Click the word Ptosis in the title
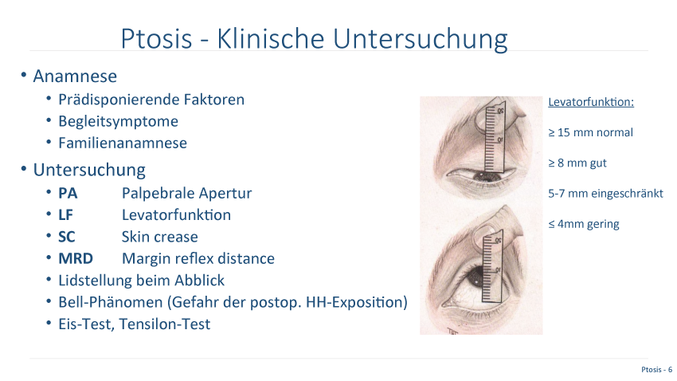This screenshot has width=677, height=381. (x=156, y=39)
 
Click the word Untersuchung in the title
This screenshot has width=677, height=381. (x=420, y=40)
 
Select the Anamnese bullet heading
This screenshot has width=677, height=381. (x=75, y=76)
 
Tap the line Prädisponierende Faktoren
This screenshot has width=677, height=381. (x=151, y=100)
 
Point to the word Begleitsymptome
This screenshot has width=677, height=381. (x=119, y=121)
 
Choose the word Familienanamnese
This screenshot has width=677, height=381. (x=123, y=143)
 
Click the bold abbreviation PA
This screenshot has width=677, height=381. (x=68, y=193)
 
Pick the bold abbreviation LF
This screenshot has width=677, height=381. (x=65, y=214)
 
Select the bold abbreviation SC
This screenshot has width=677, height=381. (x=66, y=237)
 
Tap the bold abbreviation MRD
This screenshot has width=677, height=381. (x=76, y=258)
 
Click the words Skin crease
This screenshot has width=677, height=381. (x=160, y=237)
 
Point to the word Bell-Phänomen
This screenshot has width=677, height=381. (x=111, y=302)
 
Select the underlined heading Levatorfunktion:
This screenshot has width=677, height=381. (x=591, y=102)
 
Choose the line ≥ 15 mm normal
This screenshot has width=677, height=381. (x=591, y=132)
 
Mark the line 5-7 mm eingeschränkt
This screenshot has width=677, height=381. (x=606, y=193)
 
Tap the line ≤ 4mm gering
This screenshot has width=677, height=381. (x=584, y=224)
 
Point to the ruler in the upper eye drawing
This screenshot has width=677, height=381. (x=495, y=137)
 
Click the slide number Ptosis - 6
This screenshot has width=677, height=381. (x=657, y=369)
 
